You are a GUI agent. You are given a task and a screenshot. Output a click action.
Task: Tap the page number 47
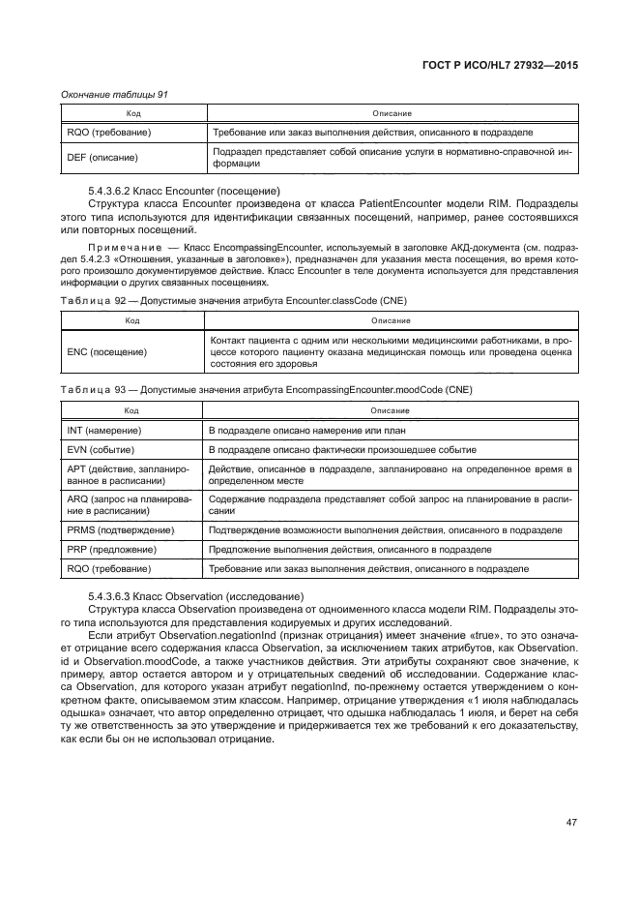(571, 823)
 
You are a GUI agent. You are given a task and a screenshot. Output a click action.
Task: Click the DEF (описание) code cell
(102, 157)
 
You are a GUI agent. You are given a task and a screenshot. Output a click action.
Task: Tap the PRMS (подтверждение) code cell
(120, 530)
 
